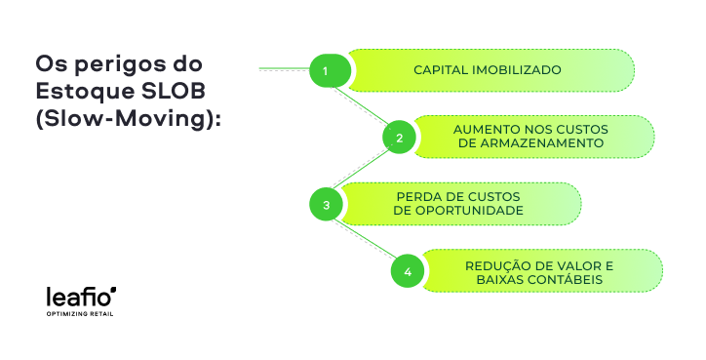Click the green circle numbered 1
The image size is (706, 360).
coord(326,71)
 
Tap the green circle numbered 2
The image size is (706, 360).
coord(398,138)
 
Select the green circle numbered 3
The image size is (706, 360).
coord(326,204)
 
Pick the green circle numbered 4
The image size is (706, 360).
coord(408,271)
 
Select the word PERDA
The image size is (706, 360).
coord(416,197)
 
